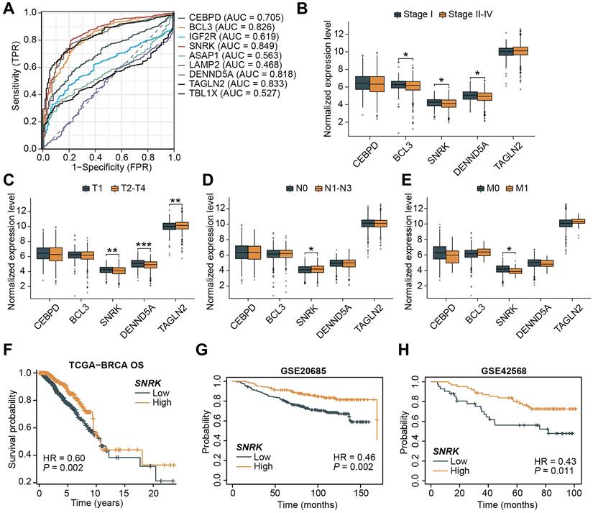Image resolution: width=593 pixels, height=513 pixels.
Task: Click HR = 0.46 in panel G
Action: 357,458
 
